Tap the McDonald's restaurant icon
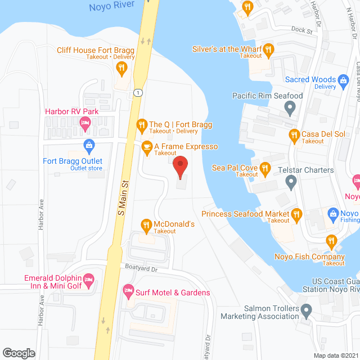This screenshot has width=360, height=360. (x=146, y=225)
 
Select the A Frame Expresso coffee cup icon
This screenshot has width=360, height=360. (x=146, y=147)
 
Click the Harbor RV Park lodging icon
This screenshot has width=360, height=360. (x=85, y=123)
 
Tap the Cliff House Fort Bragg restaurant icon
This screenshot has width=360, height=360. (x=121, y=69)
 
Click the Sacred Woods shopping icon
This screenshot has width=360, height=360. (x=343, y=80)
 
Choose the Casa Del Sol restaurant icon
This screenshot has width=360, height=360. (x=293, y=134)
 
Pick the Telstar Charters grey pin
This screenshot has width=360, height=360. (x=290, y=181)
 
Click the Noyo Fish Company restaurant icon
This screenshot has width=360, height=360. (x=331, y=242)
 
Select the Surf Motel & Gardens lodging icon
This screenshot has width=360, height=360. (x=128, y=292)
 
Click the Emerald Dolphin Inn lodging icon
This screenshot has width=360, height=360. (x=88, y=279)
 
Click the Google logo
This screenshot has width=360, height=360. (x=19, y=353)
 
